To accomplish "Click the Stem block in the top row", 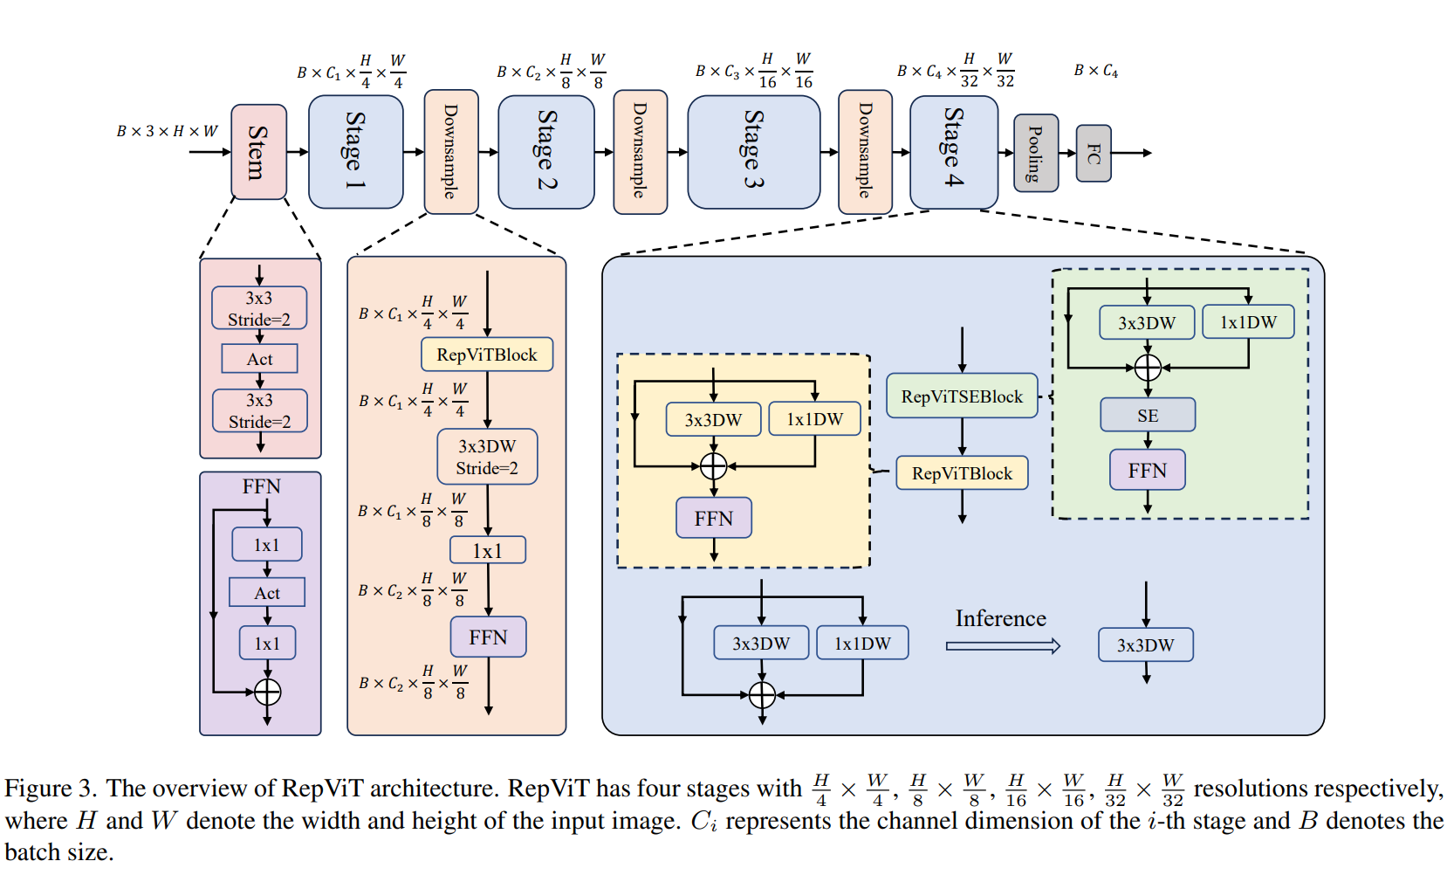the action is coord(258,152).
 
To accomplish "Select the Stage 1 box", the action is coord(356,152).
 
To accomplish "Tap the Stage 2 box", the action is coord(546,152).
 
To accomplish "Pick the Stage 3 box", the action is coord(754,152).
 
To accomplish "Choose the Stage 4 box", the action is coord(954,152).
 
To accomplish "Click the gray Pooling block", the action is coord(1036,153).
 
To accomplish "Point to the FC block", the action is coord(1094,153).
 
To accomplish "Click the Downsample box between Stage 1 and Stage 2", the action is coord(451,152).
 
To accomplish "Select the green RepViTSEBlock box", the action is coord(962,396).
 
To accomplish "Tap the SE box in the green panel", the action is coord(1148,415).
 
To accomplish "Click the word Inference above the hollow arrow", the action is coord(1001,618).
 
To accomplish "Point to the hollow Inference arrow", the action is coord(1003,645).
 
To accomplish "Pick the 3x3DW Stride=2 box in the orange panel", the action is coord(487,457).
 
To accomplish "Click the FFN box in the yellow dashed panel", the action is coord(714,518).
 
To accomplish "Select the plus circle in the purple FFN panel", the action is coord(267,692).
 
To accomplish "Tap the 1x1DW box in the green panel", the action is coord(1248,322).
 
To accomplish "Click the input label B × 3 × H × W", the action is coord(168,131).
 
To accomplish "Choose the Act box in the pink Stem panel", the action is coord(260,359).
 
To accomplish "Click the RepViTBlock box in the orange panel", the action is coord(487,355).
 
